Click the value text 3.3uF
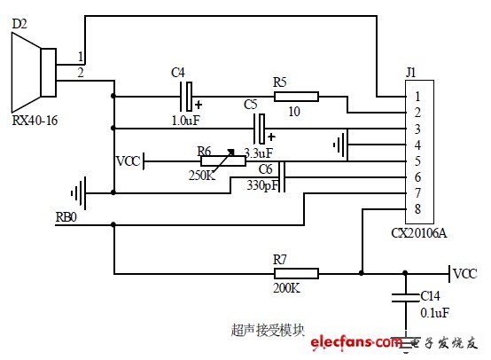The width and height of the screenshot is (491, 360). (x=258, y=153)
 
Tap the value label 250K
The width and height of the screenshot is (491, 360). (x=202, y=176)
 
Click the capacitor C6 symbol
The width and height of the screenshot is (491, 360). (x=283, y=176)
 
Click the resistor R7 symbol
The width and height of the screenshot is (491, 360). (x=295, y=274)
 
